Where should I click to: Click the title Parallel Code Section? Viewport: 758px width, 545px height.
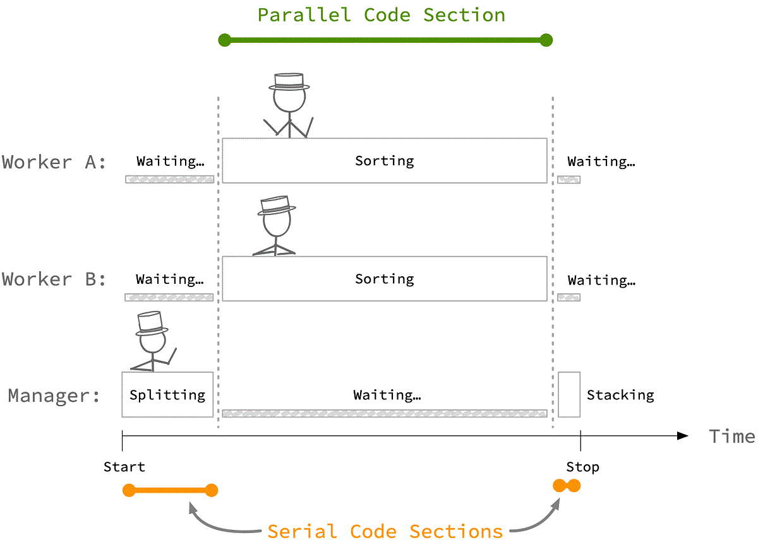pyautogui.click(x=382, y=15)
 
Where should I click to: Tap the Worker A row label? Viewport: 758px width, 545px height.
pyautogui.click(x=54, y=162)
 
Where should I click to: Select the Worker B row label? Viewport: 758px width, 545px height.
pyautogui.click(x=54, y=279)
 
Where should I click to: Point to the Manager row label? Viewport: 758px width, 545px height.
pyautogui.click(x=54, y=396)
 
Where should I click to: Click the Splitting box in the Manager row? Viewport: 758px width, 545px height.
pyautogui.click(x=167, y=395)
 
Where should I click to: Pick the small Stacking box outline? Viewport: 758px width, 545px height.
pyautogui.click(x=568, y=394)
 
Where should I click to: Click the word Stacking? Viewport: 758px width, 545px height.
pyautogui.click(x=620, y=396)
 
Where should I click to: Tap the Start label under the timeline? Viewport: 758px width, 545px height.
pyautogui.click(x=124, y=467)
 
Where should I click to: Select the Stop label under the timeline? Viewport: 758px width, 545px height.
pyautogui.click(x=582, y=467)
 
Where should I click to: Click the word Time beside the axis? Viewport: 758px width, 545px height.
pyautogui.click(x=731, y=436)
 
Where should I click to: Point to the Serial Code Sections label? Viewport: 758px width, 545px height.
pyautogui.click(x=385, y=530)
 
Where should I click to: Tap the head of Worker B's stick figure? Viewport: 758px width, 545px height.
pyautogui.click(x=276, y=222)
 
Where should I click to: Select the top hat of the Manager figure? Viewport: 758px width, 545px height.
pyautogui.click(x=152, y=322)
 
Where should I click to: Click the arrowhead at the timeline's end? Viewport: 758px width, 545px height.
pyautogui.click(x=683, y=436)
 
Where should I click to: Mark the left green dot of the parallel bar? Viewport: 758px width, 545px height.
pyautogui.click(x=224, y=40)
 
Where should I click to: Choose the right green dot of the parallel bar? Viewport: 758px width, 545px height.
pyautogui.click(x=546, y=40)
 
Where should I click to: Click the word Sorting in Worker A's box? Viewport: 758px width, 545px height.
pyautogui.click(x=384, y=161)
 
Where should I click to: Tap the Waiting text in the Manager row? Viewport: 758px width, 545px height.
pyautogui.click(x=387, y=396)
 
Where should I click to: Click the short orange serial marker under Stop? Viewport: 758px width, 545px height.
pyautogui.click(x=567, y=486)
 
